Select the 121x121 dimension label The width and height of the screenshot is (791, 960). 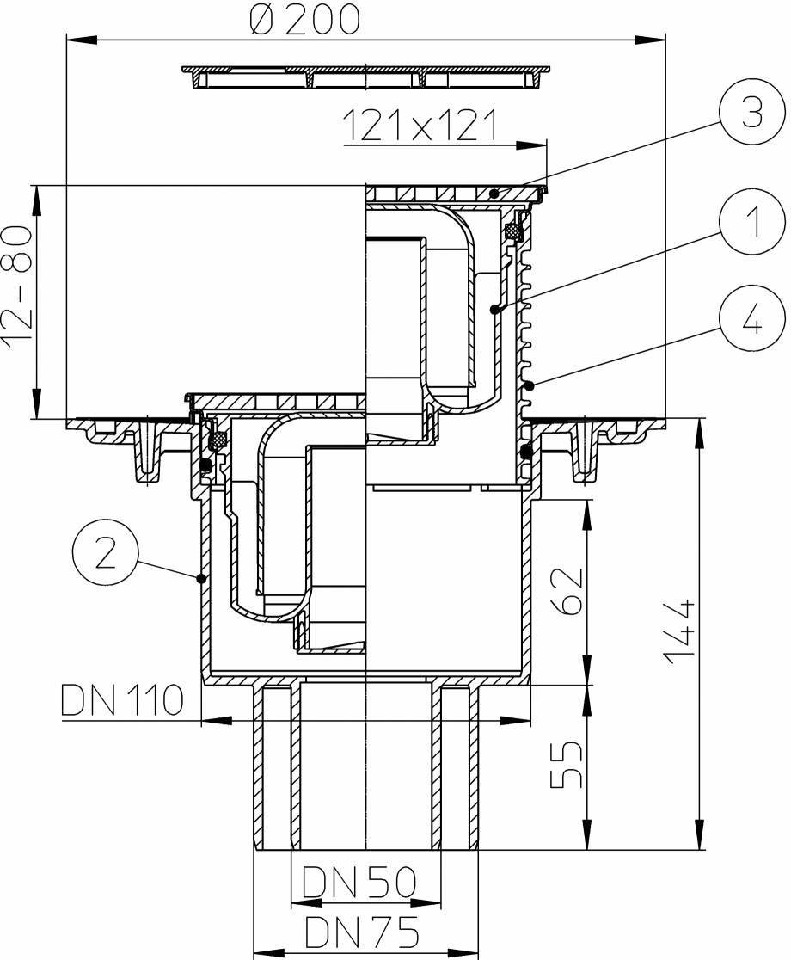[420, 127]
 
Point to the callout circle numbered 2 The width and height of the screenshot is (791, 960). [104, 557]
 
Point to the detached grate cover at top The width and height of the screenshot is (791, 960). [365, 76]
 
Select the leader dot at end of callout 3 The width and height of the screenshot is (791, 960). [494, 195]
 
